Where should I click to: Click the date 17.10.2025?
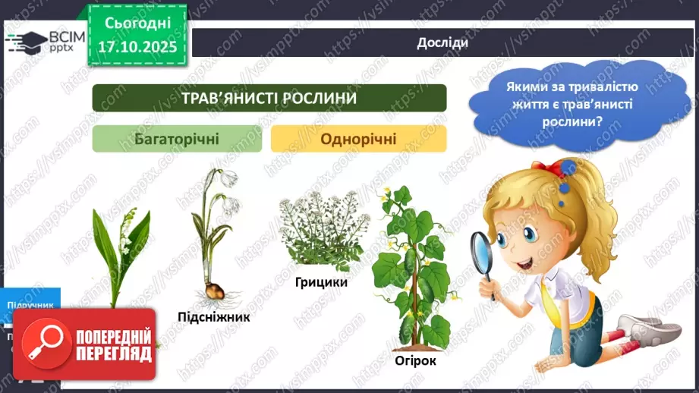[x=137, y=46]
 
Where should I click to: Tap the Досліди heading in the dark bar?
[x=442, y=42]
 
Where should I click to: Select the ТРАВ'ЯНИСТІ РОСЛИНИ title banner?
[x=269, y=99]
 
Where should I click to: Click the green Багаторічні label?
[x=178, y=139]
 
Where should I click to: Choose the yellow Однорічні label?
[x=358, y=139]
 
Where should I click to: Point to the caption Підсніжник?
[x=214, y=316]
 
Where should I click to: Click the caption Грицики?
[x=322, y=282]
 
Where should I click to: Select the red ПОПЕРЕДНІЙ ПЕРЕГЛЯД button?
[x=90, y=344]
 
